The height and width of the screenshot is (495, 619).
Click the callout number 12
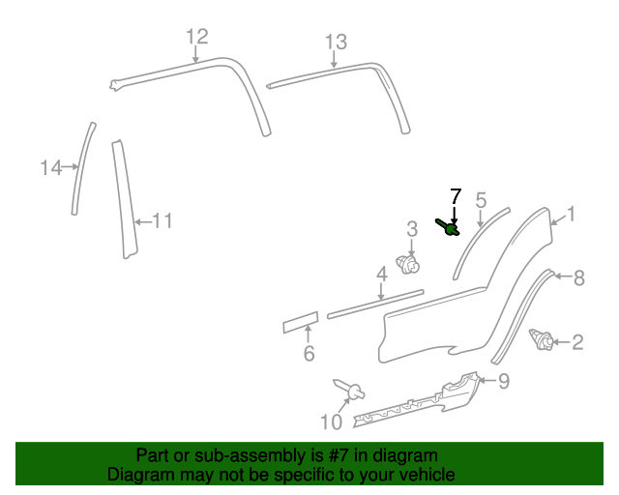point(197,37)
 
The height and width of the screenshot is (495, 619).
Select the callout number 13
point(335,42)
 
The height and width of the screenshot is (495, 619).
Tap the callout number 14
point(50,168)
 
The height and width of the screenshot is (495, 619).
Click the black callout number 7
point(456,195)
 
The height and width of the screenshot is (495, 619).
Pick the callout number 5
point(481,200)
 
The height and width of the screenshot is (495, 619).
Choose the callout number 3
point(412,229)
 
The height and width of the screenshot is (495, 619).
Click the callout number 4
point(382,275)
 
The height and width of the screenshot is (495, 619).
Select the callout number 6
point(309,354)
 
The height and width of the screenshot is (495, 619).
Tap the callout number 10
point(331,422)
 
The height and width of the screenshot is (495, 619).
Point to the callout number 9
point(503,381)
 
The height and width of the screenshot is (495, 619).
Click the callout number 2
point(577,341)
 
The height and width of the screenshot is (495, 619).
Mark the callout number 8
point(578,278)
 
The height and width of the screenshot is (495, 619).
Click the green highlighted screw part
point(450,228)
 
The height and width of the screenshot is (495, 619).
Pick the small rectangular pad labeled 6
point(300,321)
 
